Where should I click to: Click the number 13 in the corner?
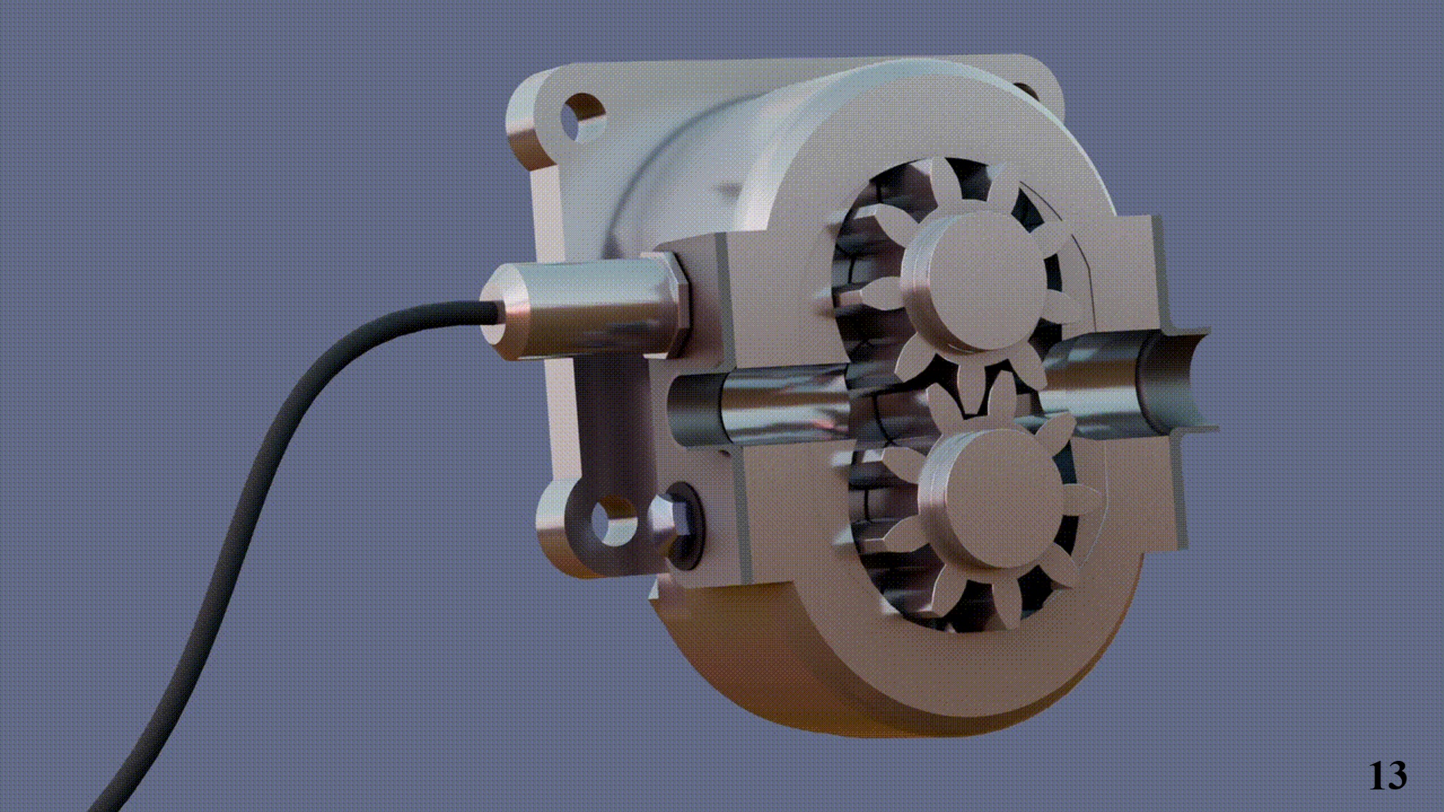pos(1387,774)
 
